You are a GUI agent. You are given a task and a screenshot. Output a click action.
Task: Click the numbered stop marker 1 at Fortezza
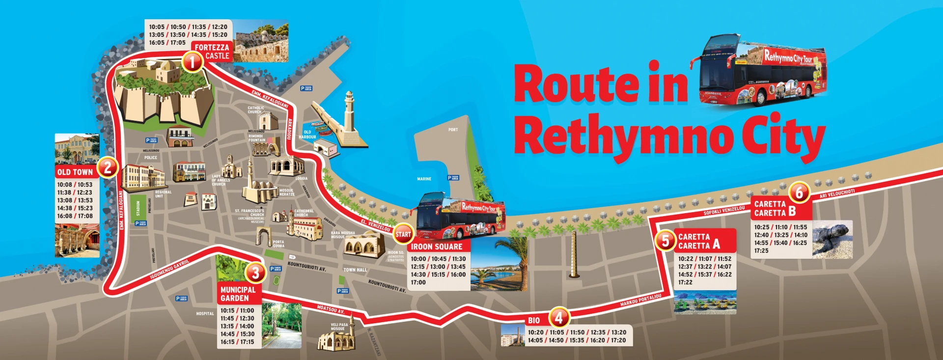coord(192,62)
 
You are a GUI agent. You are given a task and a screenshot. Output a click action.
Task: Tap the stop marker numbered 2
coord(108,167)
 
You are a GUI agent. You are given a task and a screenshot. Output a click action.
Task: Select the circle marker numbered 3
coord(255,272)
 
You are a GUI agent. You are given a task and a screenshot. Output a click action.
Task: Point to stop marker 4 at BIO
coord(558,318)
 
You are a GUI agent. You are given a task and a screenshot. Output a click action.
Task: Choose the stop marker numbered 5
coord(665,241)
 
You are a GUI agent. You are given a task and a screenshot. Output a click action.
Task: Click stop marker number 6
coord(799,193)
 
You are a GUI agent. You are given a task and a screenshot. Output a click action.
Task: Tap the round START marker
coord(403,234)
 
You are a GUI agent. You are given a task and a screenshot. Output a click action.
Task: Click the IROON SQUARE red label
coord(437,247)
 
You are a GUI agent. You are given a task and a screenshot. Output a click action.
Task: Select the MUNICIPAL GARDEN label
coord(238,294)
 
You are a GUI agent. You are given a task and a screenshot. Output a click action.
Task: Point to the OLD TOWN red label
coord(75,172)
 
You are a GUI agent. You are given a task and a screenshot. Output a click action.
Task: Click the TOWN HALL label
coord(355,270)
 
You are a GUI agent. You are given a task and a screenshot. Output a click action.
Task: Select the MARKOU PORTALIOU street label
coord(640,300)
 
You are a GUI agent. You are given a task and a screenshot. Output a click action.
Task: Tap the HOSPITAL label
coord(205,313)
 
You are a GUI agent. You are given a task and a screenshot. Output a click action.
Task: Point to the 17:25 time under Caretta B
coord(761,250)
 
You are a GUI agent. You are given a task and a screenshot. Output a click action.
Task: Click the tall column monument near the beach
coord(573,255)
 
